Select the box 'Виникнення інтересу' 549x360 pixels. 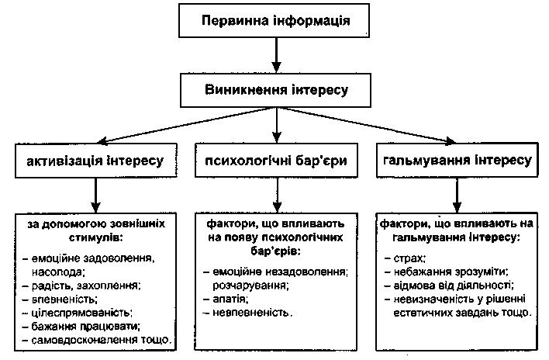(x=276, y=90)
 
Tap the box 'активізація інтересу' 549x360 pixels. (x=94, y=162)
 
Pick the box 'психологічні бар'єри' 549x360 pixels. (x=276, y=162)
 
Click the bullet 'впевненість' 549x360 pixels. (x=65, y=299)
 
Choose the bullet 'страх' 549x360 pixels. (x=411, y=257)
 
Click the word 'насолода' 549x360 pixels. (x=58, y=271)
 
